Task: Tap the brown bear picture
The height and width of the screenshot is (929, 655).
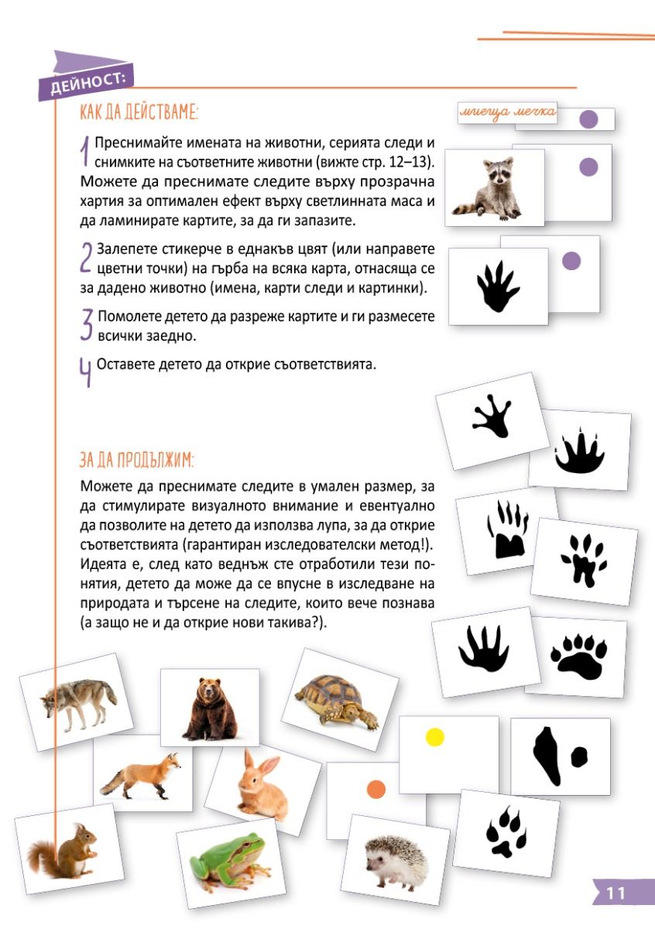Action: tap(208, 707)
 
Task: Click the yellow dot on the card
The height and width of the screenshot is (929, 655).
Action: tap(435, 737)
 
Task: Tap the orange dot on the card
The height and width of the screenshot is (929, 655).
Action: tap(376, 789)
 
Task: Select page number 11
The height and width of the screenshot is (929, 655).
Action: tap(616, 893)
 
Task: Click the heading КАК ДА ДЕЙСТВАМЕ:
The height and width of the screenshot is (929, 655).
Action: tap(139, 113)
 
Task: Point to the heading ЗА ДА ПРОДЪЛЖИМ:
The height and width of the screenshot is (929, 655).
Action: tap(137, 460)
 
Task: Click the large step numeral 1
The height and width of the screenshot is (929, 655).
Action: tap(85, 151)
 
